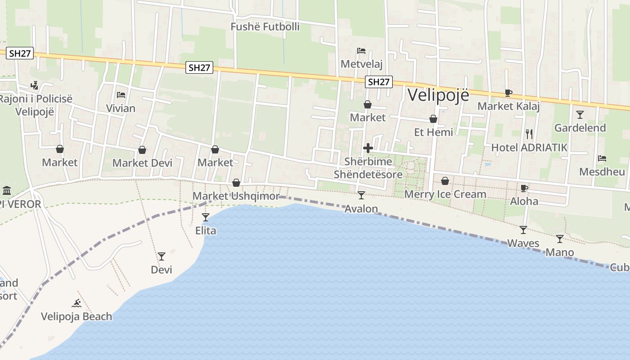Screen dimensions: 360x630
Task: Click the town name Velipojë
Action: pos(438,95)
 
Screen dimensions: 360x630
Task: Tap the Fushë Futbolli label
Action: pos(265,27)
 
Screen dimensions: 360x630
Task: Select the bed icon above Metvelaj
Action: pos(361,51)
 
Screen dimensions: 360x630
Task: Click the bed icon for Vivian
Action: pos(121,95)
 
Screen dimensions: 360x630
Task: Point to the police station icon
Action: pos(35,85)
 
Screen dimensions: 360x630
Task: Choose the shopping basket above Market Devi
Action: pos(142,150)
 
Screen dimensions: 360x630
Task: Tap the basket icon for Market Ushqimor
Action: pos(236,183)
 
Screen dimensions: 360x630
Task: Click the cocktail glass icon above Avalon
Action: pos(361,195)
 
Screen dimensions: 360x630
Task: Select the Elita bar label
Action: pos(206,231)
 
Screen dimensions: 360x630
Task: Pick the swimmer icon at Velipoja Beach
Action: pos(76,303)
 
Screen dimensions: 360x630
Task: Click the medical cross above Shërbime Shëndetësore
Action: pos(368,148)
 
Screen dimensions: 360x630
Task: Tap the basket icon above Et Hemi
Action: pos(433,119)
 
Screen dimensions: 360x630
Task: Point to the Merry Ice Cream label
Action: pos(445,194)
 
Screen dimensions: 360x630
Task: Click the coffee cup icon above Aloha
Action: pos(524,188)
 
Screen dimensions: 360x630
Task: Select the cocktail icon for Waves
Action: pos(523,230)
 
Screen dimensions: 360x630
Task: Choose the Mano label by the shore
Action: pos(559,252)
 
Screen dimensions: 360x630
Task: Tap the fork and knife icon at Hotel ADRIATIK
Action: pos(529,134)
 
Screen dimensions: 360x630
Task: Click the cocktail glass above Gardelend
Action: pos(580,115)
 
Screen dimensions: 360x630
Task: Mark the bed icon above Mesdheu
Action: pos(602,158)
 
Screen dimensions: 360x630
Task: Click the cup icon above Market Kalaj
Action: pos(508,93)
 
